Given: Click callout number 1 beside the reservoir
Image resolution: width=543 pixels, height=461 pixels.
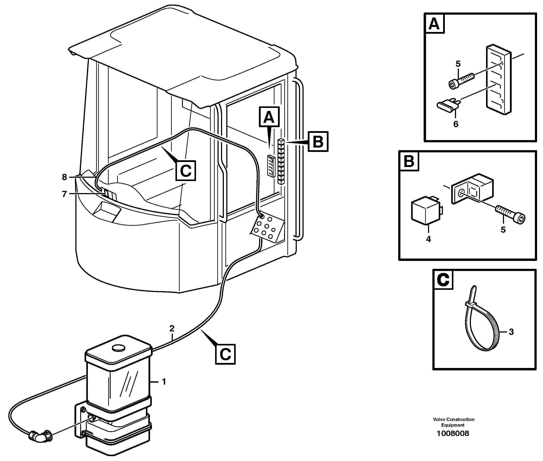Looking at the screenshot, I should (x=164, y=382).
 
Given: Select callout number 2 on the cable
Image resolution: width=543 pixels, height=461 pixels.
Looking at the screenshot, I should (x=172, y=328).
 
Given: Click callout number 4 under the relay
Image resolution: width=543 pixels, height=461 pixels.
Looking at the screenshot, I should (x=428, y=239).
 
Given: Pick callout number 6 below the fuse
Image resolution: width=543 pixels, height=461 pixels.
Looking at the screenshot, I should (x=456, y=124).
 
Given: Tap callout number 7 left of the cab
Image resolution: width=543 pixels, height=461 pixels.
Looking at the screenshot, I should (x=64, y=194).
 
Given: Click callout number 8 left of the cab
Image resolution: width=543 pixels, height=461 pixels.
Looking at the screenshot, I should (x=64, y=177).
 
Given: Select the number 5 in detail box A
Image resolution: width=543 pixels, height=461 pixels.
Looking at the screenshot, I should (x=458, y=64).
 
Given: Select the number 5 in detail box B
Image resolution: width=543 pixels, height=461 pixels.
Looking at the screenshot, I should (x=503, y=230).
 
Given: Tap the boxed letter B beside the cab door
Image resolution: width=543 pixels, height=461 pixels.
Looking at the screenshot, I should (x=318, y=142).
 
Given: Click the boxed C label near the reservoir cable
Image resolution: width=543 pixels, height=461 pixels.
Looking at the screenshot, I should (x=225, y=354).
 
